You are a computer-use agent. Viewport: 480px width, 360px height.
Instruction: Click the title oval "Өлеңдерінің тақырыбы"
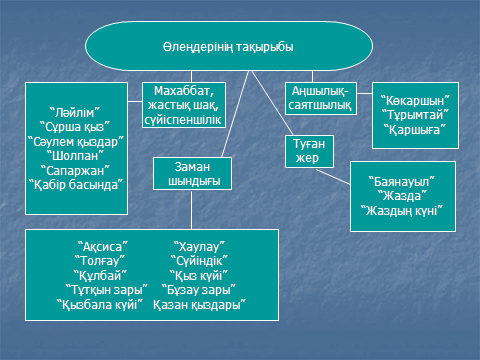coord(229,46)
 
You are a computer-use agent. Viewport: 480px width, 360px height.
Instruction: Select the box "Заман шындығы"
coord(192,174)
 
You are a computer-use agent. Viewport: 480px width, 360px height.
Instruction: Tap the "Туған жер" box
coord(309,151)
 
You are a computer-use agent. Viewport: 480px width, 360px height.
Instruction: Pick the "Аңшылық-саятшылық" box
coord(321,98)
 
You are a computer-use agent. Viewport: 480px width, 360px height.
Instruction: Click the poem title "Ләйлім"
coord(74,113)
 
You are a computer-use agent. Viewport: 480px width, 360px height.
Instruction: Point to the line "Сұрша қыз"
coord(74,127)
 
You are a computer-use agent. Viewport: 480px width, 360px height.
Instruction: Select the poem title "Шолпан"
coord(75,156)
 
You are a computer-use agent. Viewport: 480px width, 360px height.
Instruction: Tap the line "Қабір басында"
coord(76,185)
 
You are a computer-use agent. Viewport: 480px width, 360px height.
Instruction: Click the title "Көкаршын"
coord(415,100)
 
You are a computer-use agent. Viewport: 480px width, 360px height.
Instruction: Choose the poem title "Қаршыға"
coord(415,129)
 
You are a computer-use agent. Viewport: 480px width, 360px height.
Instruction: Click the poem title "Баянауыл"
coord(402,182)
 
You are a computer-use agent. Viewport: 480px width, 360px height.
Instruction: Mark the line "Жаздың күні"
coord(402,211)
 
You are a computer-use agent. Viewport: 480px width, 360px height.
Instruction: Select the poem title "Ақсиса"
coord(103,247)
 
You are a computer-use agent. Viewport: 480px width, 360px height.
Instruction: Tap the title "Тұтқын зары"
coord(107,290)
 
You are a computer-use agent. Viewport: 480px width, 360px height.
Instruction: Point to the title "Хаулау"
coord(199,247)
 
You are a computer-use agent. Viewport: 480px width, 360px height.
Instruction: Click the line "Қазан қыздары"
coord(199,304)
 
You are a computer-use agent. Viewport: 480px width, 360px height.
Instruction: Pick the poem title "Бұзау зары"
coord(199,290)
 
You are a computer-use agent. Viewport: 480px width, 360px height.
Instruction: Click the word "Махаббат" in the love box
coord(184,91)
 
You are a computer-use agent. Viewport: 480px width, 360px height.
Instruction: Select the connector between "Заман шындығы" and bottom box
coord(191,210)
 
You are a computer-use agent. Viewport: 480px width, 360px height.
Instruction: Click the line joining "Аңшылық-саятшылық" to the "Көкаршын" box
coord(365,93)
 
